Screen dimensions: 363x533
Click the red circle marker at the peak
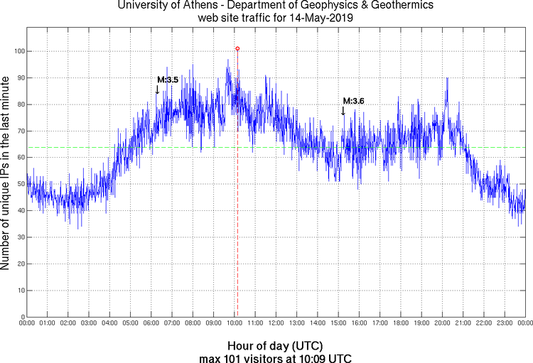pos(237,49)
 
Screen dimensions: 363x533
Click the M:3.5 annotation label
pos(168,80)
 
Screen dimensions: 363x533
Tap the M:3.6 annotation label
pos(353,102)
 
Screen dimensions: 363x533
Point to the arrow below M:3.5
pos(157,90)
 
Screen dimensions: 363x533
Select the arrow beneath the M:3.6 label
pos(343,111)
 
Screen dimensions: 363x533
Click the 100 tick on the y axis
pos(17,52)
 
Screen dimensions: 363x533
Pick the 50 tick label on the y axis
pos(18,184)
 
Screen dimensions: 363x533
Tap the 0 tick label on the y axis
pos(21,317)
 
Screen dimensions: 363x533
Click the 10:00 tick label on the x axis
pos(235,324)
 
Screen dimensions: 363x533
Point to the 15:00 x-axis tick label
pos(338,324)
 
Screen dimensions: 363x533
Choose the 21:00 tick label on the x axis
pos(463,324)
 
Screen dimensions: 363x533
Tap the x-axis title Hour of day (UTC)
pos(275,345)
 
